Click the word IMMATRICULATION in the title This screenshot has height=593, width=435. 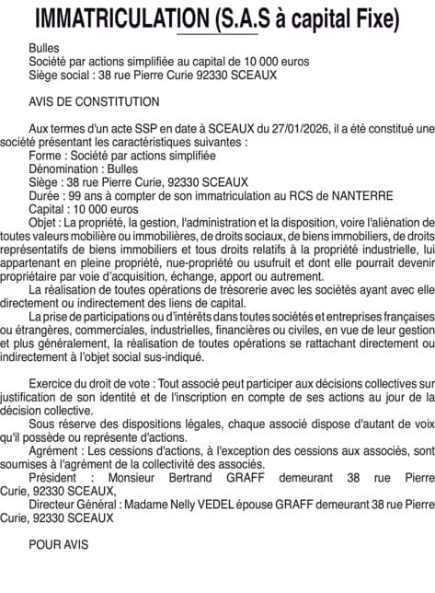click(x=114, y=17)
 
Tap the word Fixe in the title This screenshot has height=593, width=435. click(x=374, y=17)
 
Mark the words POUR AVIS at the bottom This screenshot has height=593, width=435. click(x=59, y=544)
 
